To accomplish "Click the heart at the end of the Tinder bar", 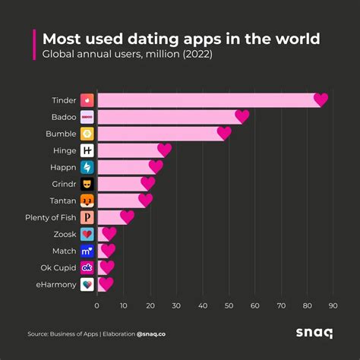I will pos(321,99).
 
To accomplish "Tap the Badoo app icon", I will pos(87,117).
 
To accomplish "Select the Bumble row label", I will pos(61,134).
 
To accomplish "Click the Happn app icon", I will pos(87,167).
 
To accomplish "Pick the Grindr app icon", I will pos(87,184).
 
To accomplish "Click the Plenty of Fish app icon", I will pos(87,217).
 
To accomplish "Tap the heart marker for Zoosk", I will pos(109,234).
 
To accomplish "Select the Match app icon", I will pos(87,251).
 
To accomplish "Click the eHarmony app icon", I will pos(87,284).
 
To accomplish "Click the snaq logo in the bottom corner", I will pos(314,333).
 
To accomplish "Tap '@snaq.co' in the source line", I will pos(154,333).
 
